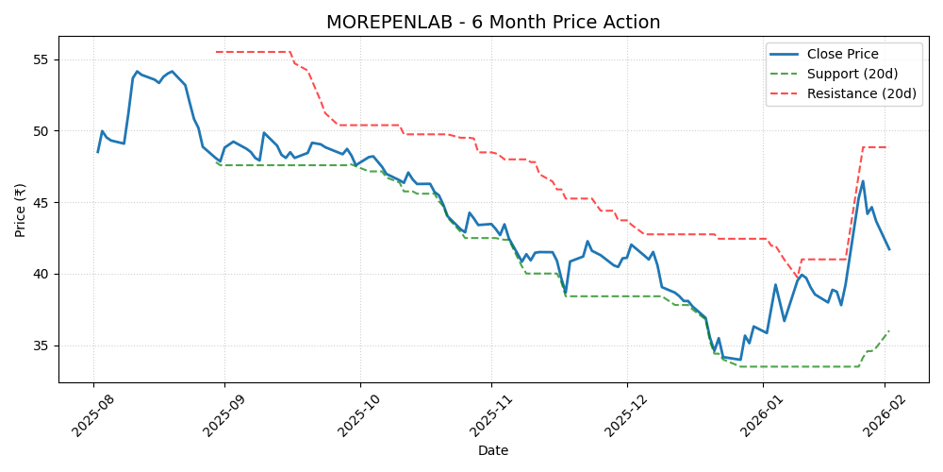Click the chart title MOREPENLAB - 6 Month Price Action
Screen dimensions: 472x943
[x=493, y=23]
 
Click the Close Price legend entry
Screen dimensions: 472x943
[x=842, y=54]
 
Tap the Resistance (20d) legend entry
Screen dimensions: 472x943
[x=861, y=93]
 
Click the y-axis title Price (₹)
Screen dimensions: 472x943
[x=20, y=210]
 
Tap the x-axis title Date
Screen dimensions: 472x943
[x=493, y=451]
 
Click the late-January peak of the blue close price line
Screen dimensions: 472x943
[x=863, y=181]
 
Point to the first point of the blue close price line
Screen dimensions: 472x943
[x=97, y=152]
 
